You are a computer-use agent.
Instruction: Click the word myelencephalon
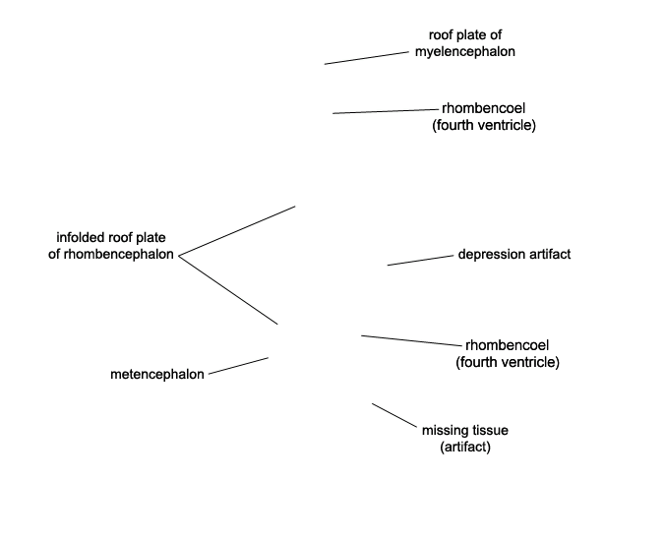(465, 52)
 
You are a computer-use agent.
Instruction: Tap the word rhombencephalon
(119, 255)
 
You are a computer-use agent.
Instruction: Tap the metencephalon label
(157, 374)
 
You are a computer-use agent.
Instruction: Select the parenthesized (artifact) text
(465, 447)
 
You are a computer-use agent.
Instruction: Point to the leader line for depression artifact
(420, 261)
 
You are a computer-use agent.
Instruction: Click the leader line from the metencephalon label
(238, 366)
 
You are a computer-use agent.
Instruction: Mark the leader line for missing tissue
(394, 415)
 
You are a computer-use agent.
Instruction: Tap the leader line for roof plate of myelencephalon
(367, 58)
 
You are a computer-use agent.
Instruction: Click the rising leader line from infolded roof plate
(237, 231)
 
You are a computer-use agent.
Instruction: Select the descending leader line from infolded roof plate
(228, 290)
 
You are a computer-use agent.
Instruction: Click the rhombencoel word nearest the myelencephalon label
(484, 108)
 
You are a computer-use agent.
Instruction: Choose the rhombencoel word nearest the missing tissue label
(508, 345)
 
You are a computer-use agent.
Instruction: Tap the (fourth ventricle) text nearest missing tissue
(508, 362)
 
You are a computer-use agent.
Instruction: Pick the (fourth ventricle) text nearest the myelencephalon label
(484, 125)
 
